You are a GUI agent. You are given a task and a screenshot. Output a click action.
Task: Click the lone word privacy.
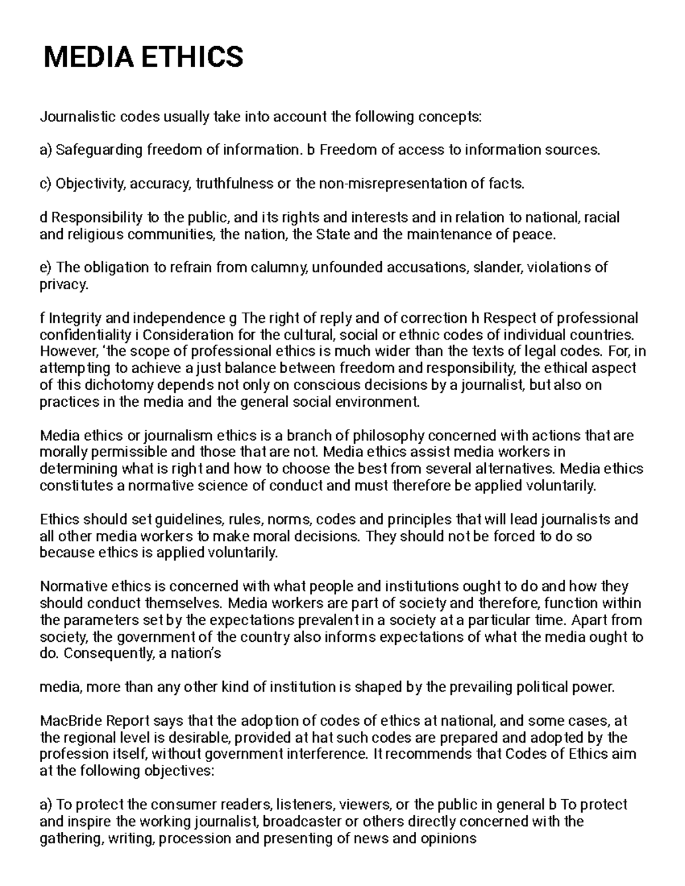pyautogui.click(x=63, y=284)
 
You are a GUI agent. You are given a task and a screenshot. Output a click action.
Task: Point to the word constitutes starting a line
pyautogui.click(x=71, y=486)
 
